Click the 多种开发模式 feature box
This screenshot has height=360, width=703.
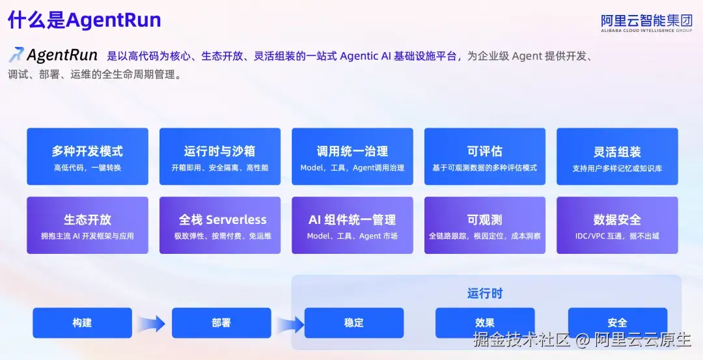pyautogui.click(x=87, y=156)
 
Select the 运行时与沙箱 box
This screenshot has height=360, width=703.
pyautogui.click(x=220, y=156)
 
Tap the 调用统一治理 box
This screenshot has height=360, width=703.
pyautogui.click(x=352, y=156)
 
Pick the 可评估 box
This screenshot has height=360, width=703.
pyautogui.click(x=485, y=156)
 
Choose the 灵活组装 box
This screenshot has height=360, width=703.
pyautogui.click(x=617, y=156)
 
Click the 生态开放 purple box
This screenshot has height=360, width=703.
pyautogui.click(x=87, y=225)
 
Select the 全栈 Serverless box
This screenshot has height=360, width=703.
pyautogui.click(x=220, y=225)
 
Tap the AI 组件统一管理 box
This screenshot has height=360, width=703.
pyautogui.click(x=352, y=225)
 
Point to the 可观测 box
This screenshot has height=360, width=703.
pyautogui.click(x=485, y=225)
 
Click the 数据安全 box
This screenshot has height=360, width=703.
pyautogui.click(x=617, y=225)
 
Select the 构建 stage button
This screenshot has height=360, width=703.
pyautogui.click(x=83, y=323)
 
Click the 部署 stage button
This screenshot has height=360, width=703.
pyautogui.click(x=221, y=323)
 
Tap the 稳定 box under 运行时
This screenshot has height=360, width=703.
pyautogui.click(x=354, y=323)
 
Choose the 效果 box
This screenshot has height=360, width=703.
pyautogui.click(x=485, y=323)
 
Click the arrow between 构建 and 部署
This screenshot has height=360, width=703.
pyautogui.click(x=152, y=324)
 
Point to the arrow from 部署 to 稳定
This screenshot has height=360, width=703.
pyautogui.click(x=290, y=324)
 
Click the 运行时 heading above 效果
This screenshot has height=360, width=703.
pyautogui.click(x=485, y=294)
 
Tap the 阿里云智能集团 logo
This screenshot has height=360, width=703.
pyautogui.click(x=646, y=23)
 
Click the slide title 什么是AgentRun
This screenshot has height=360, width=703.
pyautogui.click(x=84, y=20)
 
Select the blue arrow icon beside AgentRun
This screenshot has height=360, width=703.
pyautogui.click(x=16, y=55)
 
